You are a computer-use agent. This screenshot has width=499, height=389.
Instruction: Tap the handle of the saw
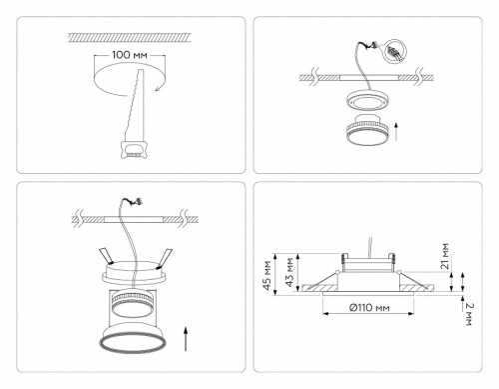click(x=129, y=150)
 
